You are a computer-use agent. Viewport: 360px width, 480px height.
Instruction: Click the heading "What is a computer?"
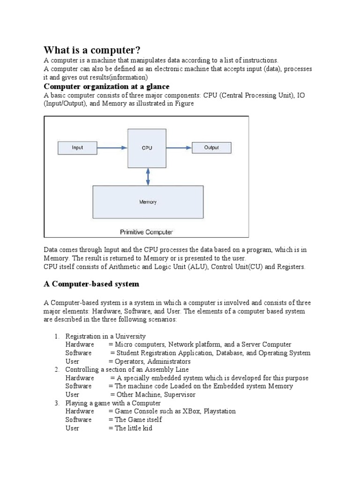coord(92,50)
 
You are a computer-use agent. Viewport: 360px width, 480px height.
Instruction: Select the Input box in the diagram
coord(77,148)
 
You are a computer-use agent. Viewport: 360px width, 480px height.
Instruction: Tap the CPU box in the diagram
coord(147,148)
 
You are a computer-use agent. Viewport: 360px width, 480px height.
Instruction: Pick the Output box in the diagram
coord(211,148)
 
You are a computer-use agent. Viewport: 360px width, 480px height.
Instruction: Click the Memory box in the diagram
coord(148,202)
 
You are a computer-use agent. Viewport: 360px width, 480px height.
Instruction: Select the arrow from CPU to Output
coord(179,148)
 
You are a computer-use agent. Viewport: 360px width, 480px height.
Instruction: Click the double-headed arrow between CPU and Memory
coord(148,176)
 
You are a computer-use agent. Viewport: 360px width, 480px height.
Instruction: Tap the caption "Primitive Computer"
coord(147,232)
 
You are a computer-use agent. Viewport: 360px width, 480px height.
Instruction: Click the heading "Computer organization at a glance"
coord(106,87)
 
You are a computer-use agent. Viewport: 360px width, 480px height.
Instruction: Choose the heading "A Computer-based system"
coord(91,284)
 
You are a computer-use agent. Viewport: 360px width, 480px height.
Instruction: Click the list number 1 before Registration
coord(56,336)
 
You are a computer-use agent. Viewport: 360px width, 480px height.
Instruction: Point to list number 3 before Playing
coord(56,403)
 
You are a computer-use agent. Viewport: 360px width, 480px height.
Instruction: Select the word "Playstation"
coord(220,411)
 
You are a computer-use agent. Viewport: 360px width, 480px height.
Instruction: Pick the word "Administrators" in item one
coord(168,361)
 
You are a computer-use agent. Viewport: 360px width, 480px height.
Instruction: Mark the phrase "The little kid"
coord(134,428)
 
